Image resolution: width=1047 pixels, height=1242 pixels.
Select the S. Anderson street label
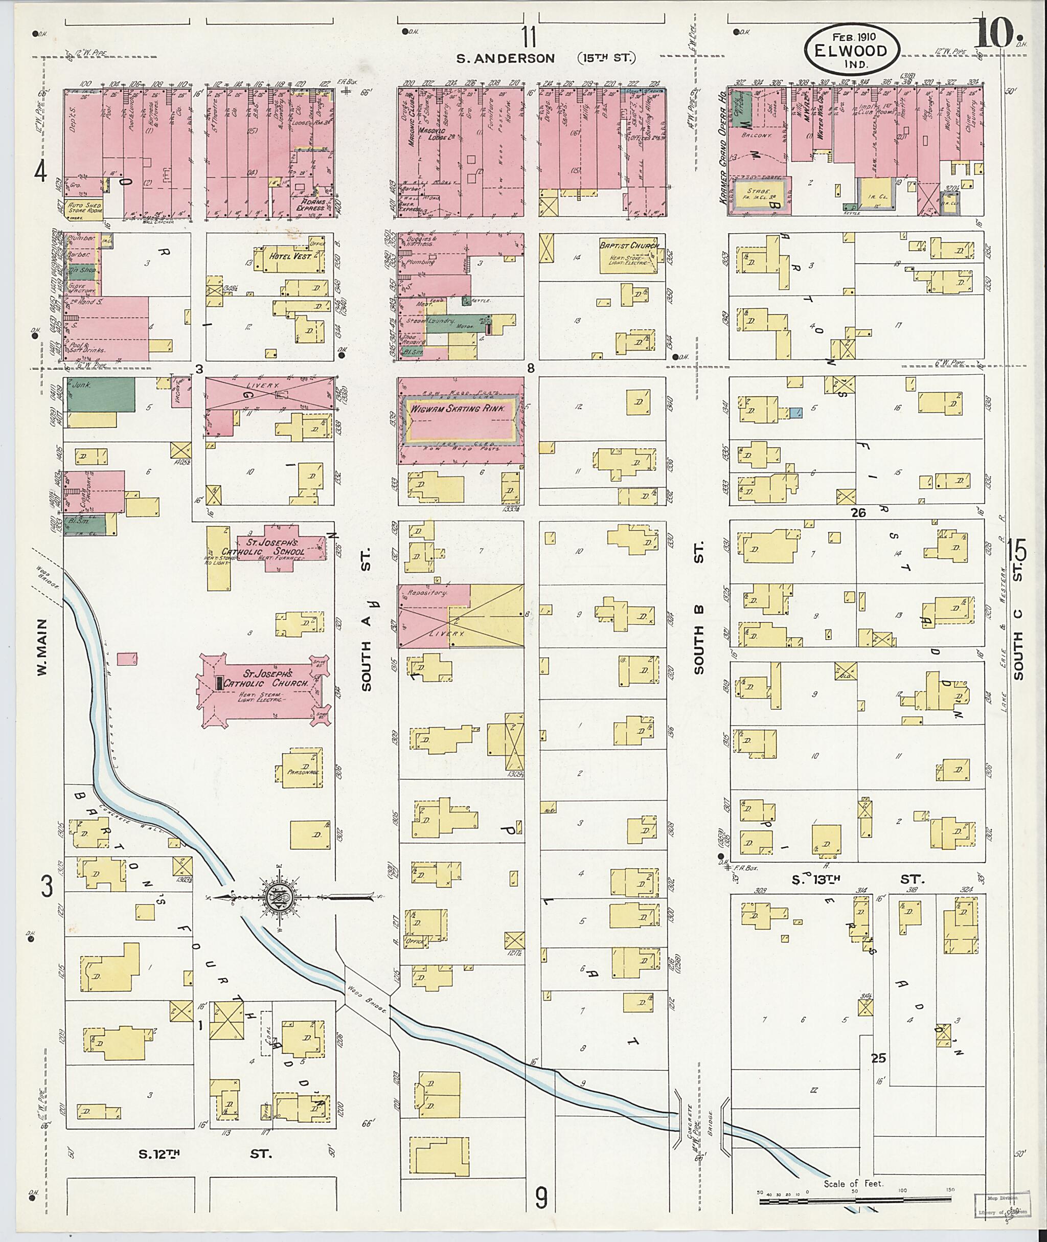pos(505,58)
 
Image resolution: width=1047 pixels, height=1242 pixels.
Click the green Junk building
pos(99,394)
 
